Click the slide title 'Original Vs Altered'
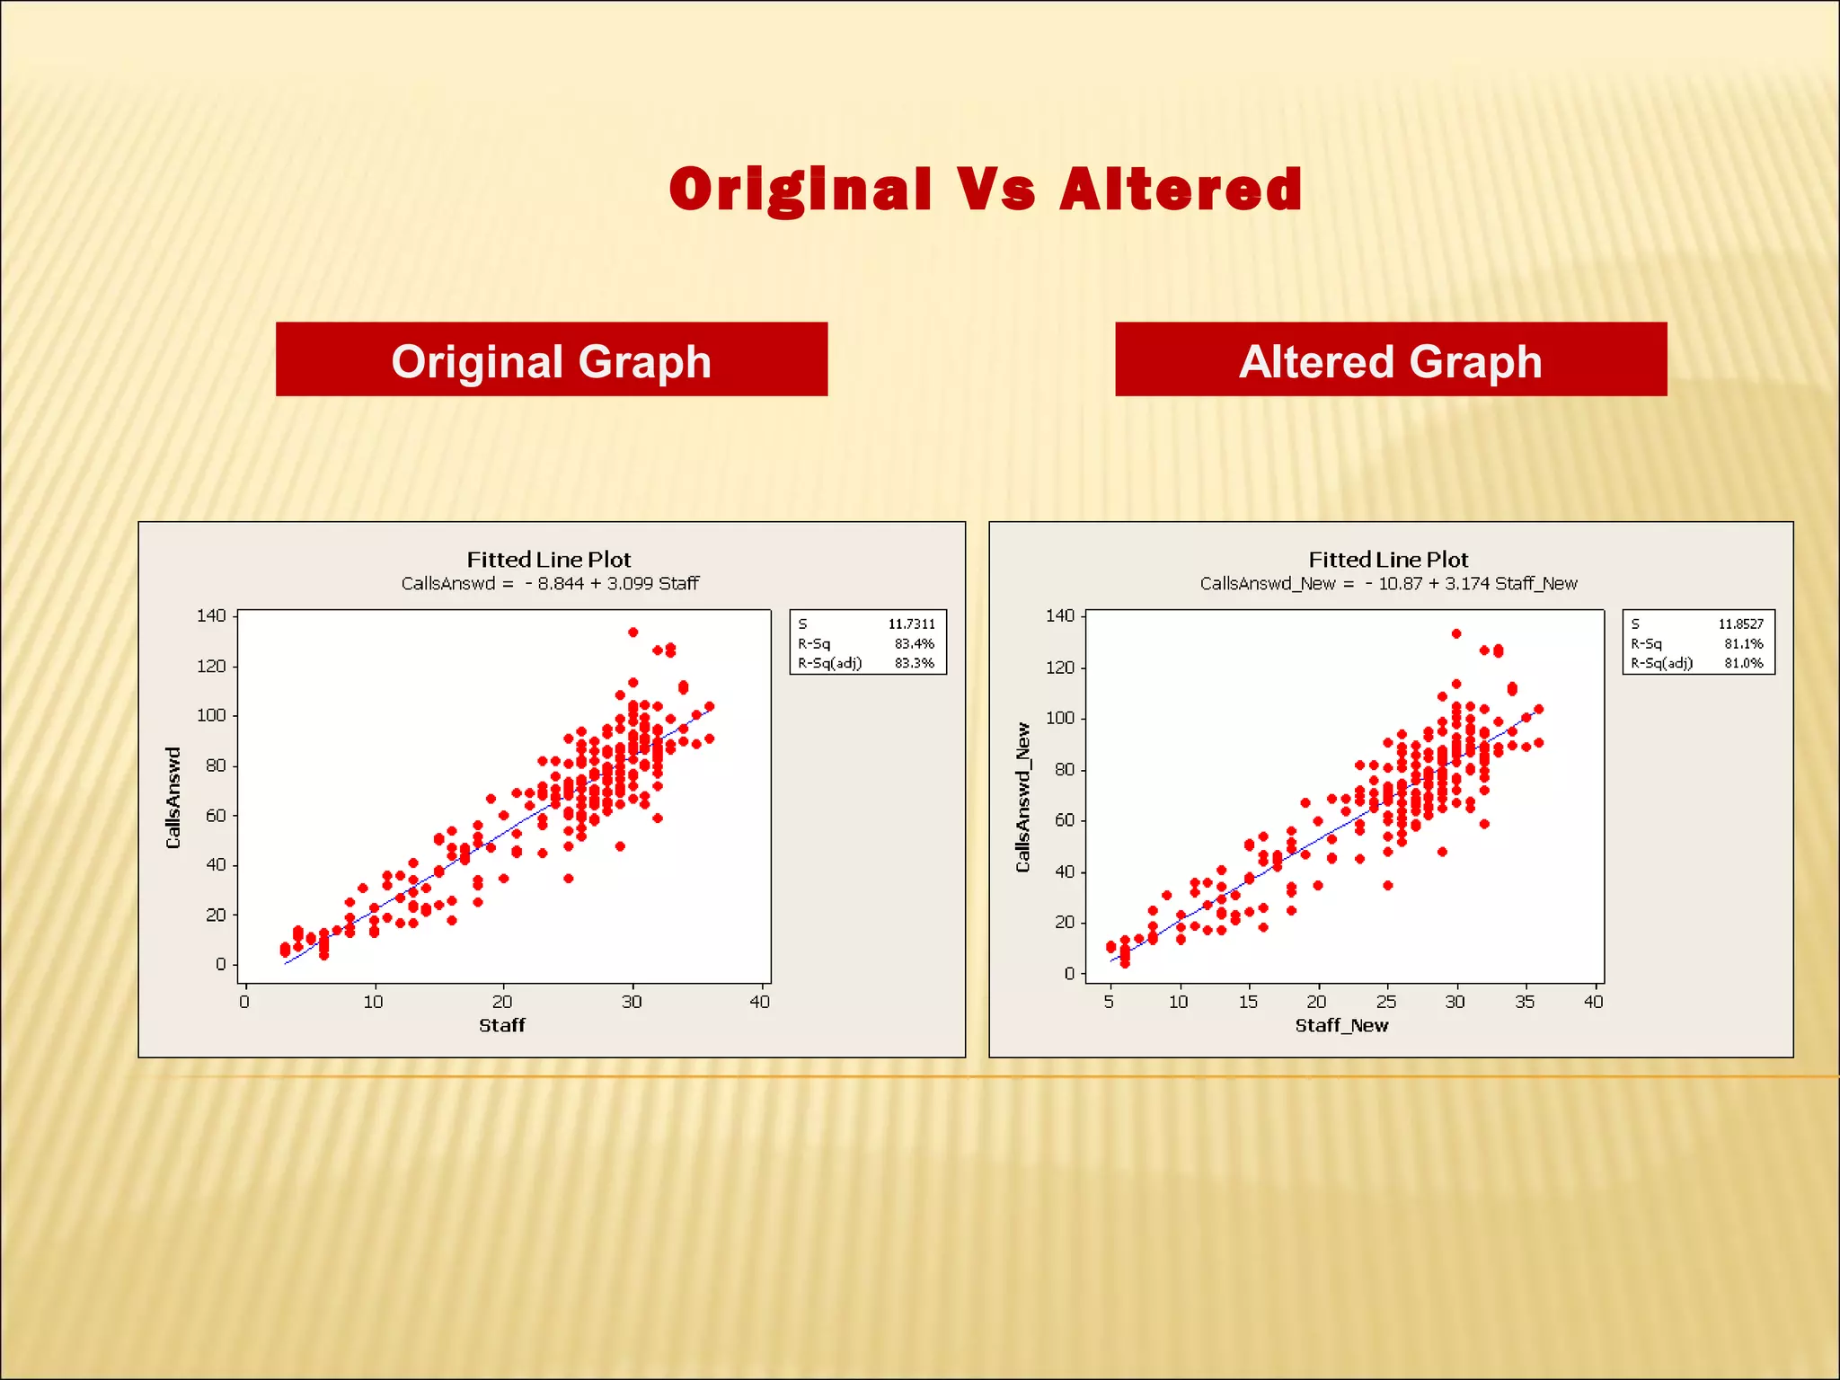pos(986,190)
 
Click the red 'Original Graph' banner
pos(551,360)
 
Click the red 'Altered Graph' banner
pos(1390,360)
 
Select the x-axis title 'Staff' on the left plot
pos(501,1025)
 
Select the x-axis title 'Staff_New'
pos(1341,1025)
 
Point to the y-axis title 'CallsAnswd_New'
pos(1022,797)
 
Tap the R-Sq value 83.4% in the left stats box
pos(914,643)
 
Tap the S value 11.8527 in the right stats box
pos(1740,624)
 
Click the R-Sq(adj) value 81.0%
pos(1743,663)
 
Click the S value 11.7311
pos(911,624)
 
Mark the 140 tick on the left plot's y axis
pos(211,615)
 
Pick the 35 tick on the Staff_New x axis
pos(1524,1002)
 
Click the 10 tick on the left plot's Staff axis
pos(373,1002)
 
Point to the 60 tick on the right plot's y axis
pos(1064,820)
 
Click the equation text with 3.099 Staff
pos(550,583)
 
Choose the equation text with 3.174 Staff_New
pos(1388,583)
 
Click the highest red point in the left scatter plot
pos(632,632)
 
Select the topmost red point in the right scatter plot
pos(1456,633)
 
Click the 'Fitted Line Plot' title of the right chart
pos(1388,559)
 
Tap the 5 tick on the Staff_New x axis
pos(1109,1002)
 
